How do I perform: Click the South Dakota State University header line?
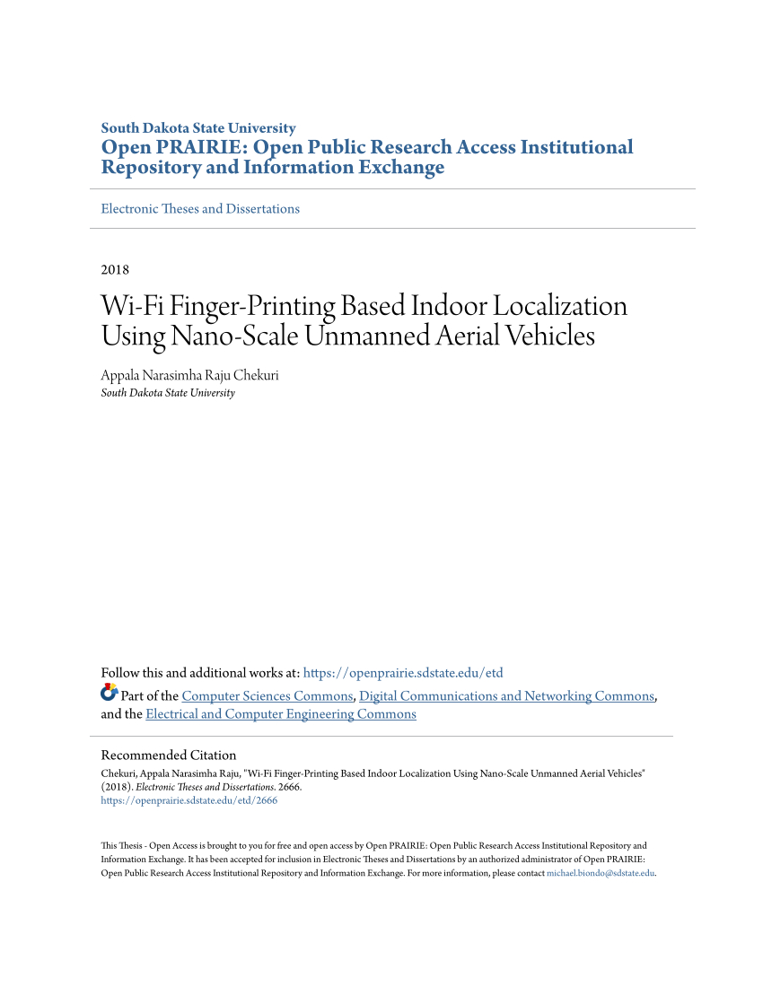click(x=198, y=128)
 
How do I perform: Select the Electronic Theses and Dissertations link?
click(x=200, y=209)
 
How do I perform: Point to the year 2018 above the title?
click(x=115, y=270)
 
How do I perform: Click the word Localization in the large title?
click(x=564, y=306)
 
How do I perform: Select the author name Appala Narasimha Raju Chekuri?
click(x=189, y=376)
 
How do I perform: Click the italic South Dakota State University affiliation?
click(x=168, y=393)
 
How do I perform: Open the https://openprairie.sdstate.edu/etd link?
click(x=403, y=673)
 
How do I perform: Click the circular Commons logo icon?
click(x=109, y=693)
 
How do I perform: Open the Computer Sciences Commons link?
click(x=267, y=696)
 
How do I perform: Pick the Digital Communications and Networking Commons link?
click(x=506, y=696)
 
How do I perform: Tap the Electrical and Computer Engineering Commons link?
click(x=281, y=714)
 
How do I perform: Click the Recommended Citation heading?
click(x=169, y=756)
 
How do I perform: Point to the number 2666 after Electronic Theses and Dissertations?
click(x=288, y=787)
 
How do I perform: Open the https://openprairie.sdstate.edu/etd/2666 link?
click(x=189, y=801)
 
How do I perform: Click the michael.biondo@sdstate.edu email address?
click(x=601, y=873)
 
